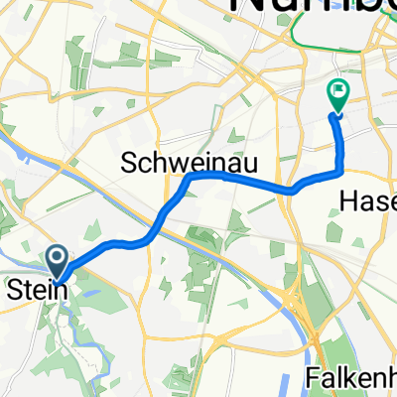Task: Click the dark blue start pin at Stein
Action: (57, 260)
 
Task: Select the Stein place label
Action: (38, 291)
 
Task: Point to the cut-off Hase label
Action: (368, 200)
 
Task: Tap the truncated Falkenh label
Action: (347, 378)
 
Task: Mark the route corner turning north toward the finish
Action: (341, 170)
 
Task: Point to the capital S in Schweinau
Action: (129, 162)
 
